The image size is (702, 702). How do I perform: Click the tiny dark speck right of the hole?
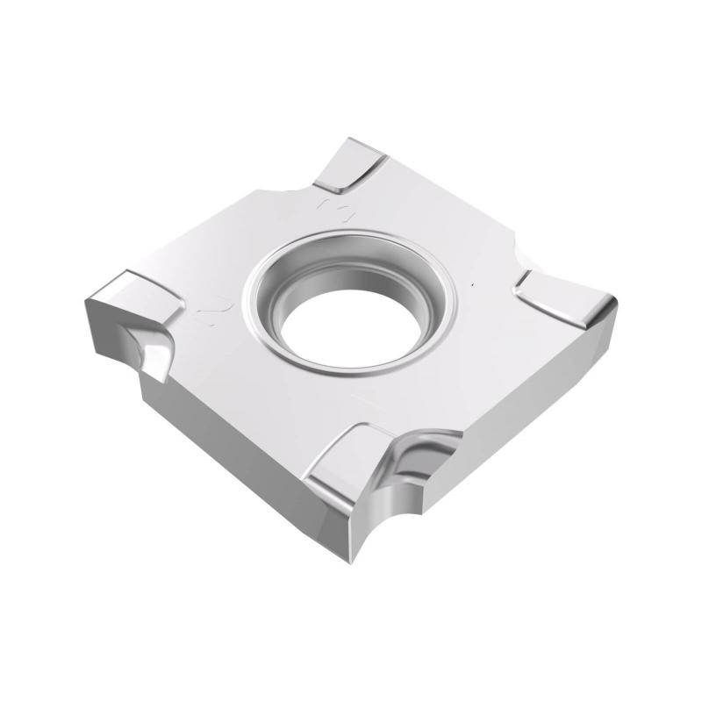pos(475,286)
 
